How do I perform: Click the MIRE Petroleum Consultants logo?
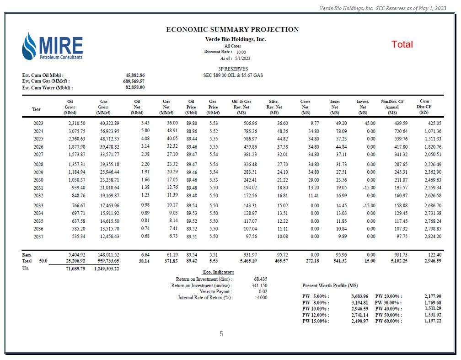coord(52,47)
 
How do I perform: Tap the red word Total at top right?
coord(402,44)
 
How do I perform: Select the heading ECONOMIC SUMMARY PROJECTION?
coord(232,29)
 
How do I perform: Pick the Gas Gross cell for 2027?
coord(106,155)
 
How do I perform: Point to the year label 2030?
coord(39,180)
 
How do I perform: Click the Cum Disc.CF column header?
coord(424,107)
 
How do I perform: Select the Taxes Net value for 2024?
coord(340,131)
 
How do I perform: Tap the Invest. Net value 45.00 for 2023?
coord(369,124)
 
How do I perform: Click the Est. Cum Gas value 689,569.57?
coord(135,81)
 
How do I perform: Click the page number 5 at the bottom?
coord(221,334)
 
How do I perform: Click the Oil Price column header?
coord(192,107)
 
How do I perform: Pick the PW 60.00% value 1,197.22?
coord(432,321)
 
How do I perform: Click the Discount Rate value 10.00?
coord(241,52)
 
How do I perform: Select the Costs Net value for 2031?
coord(313,188)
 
